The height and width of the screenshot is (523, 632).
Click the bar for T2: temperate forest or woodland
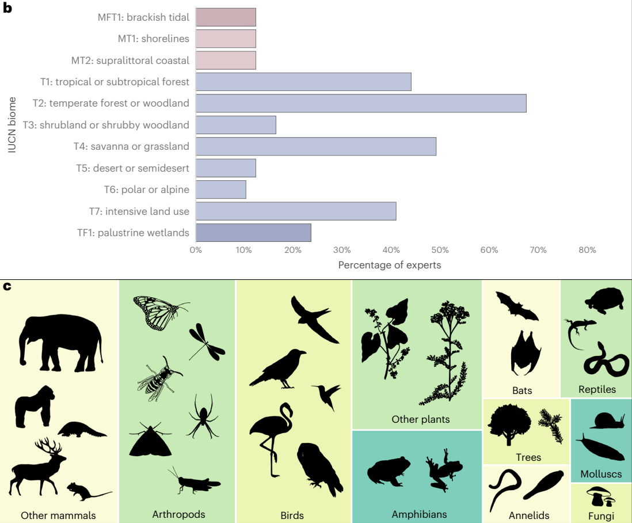point(361,103)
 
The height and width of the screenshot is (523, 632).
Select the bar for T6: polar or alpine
point(221,190)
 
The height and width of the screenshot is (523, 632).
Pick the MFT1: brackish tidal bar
point(226,17)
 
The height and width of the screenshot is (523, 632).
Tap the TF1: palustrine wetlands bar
point(253,233)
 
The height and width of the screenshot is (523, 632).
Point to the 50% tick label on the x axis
point(440,251)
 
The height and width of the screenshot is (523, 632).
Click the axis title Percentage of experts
point(390,265)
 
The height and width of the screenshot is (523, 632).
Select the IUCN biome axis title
point(12,125)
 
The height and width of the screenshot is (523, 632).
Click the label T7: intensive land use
point(139,211)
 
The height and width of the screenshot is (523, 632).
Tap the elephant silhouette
point(60,342)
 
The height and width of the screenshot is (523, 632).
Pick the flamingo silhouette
point(271,438)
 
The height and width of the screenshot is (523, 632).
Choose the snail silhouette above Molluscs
point(609,420)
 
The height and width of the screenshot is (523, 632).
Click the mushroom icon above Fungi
point(599,495)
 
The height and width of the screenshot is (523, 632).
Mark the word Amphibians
point(419,514)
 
